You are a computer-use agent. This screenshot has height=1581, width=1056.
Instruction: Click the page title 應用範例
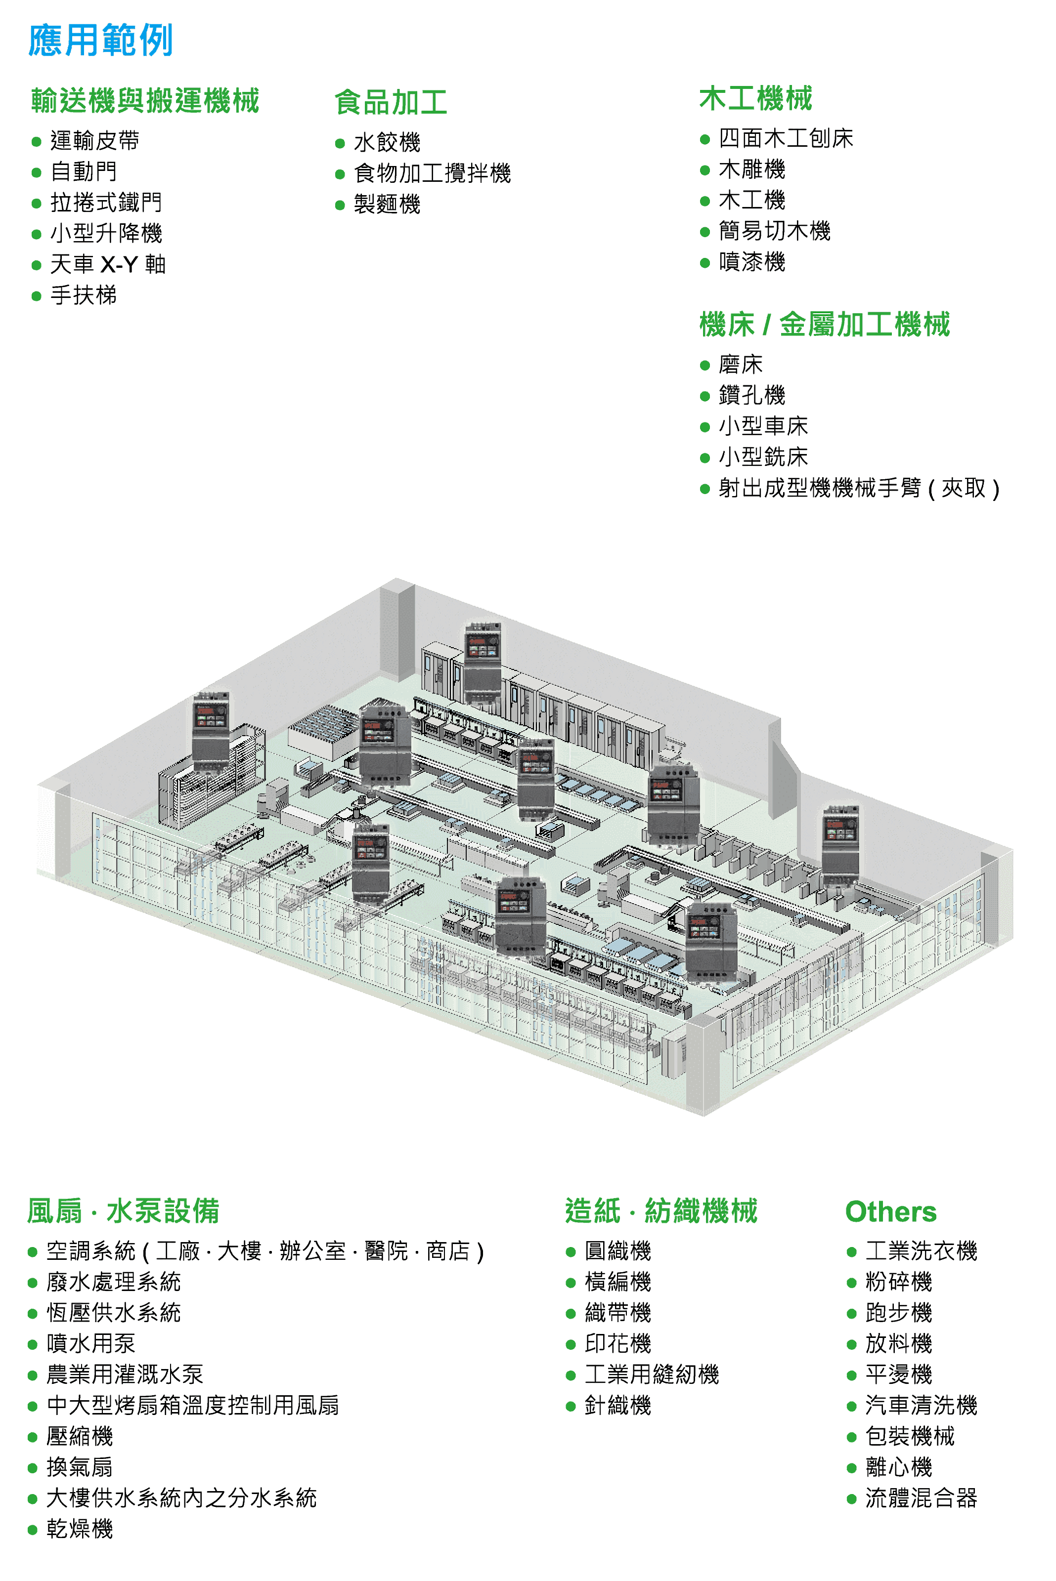(x=101, y=41)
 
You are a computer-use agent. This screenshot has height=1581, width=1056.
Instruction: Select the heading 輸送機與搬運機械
(x=145, y=101)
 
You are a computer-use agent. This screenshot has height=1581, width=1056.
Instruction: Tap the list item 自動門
(x=84, y=171)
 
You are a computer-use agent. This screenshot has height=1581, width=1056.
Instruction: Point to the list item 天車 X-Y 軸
(x=108, y=264)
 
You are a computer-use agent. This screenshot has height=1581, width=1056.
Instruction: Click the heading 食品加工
(x=391, y=103)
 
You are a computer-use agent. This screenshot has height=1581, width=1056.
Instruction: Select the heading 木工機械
(x=755, y=99)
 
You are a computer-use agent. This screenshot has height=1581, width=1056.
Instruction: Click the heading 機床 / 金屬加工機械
(x=824, y=325)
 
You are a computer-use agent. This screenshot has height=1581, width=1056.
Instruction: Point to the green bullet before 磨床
(x=705, y=366)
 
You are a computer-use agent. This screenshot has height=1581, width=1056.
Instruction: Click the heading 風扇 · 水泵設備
(x=123, y=1211)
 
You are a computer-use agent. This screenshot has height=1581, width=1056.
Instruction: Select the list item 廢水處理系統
(x=113, y=1282)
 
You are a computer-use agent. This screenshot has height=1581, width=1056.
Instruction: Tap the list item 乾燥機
(x=80, y=1529)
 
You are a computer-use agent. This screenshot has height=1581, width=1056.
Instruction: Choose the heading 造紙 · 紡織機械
(x=661, y=1211)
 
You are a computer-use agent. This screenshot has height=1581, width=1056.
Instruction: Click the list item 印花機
(x=617, y=1343)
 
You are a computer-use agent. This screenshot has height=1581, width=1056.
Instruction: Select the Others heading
(x=890, y=1211)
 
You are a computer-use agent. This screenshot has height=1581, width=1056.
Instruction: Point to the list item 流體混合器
(x=921, y=1498)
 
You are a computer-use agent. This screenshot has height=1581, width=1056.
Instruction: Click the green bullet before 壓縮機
(x=32, y=1438)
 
